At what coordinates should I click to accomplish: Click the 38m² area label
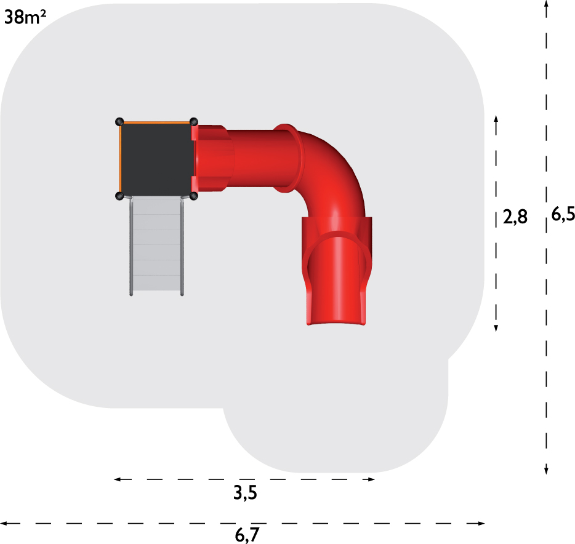25,17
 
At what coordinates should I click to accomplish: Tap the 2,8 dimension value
515,217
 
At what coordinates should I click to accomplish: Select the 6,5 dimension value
563,214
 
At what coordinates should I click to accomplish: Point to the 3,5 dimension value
245,493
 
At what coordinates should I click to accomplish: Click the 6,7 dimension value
247,535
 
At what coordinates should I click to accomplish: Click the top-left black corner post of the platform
119,122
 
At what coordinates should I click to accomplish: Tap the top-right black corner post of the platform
194,122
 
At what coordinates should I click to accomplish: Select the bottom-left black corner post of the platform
119,196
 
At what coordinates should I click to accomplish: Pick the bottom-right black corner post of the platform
194,196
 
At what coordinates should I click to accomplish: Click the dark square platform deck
156,159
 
